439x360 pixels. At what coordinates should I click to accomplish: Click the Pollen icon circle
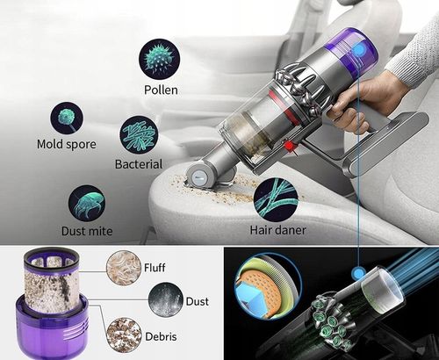click(159, 58)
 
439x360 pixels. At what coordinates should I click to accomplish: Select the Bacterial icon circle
click(138, 134)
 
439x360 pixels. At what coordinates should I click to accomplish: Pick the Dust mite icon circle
click(88, 201)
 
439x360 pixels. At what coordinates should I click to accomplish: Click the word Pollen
click(160, 90)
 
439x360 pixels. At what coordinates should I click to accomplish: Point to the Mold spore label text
click(67, 144)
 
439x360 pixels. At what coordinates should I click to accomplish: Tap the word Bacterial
click(139, 164)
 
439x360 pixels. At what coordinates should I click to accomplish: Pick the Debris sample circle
click(123, 336)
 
